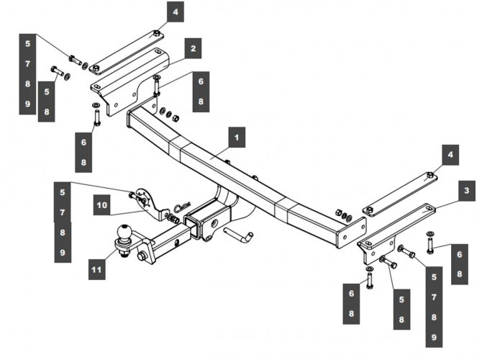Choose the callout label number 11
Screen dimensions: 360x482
(x=96, y=270)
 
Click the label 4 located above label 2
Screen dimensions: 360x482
(x=174, y=12)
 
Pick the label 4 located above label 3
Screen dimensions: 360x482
(x=450, y=155)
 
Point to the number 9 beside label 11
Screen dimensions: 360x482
(x=63, y=253)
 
